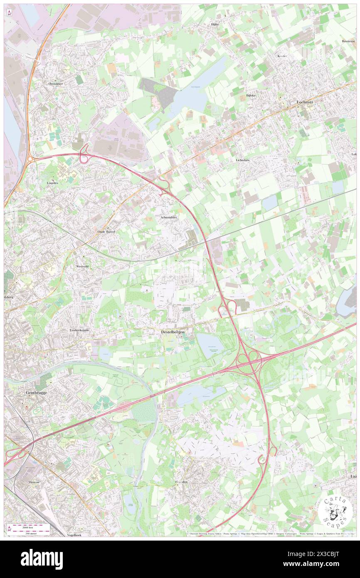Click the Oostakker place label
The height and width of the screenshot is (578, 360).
[55, 84]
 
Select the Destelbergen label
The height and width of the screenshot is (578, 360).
[173, 332]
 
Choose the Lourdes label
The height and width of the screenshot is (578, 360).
[53, 183]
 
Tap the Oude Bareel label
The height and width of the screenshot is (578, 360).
[106, 231]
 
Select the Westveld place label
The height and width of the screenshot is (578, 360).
[82, 266]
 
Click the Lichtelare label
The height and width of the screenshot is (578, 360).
[242, 160]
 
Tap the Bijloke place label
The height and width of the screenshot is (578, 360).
[250, 95]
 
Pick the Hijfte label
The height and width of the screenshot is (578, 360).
[215, 25]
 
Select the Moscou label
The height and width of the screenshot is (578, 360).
[34, 482]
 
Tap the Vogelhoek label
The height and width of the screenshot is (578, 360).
[74, 535]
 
